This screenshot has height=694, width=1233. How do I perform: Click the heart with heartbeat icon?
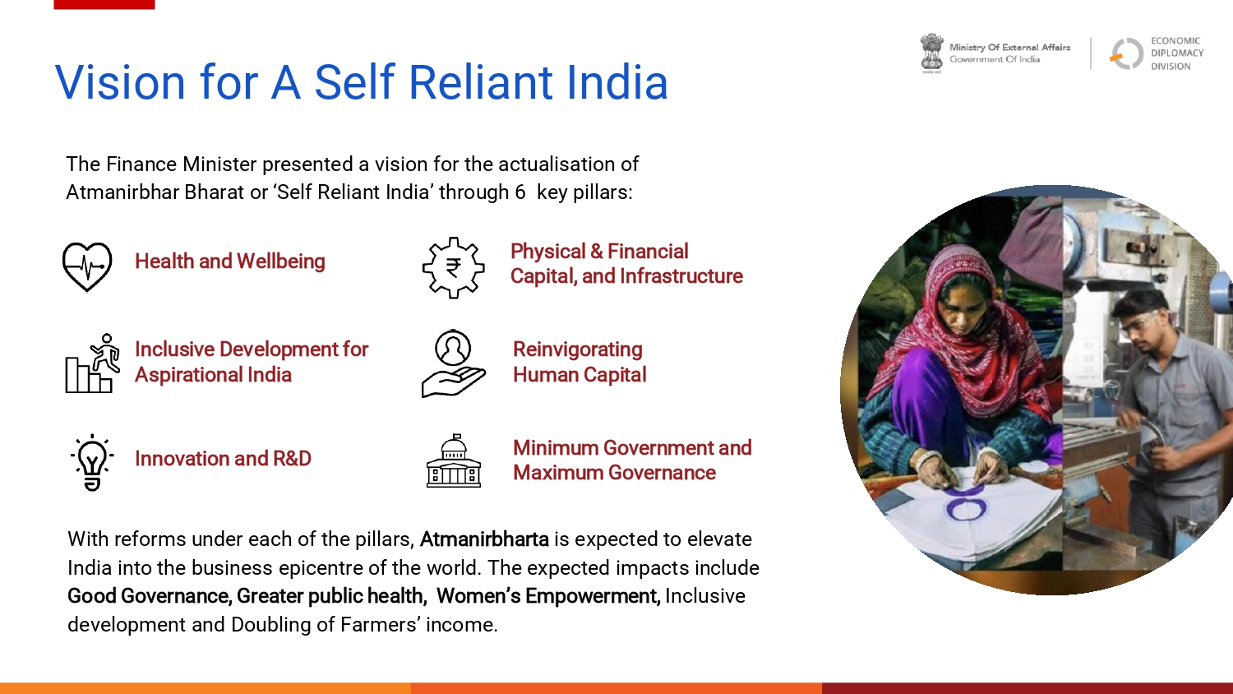pyautogui.click(x=87, y=266)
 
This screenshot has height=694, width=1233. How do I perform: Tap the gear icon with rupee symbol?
pyautogui.click(x=454, y=268)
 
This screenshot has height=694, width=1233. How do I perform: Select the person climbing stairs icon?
pyautogui.click(x=92, y=363)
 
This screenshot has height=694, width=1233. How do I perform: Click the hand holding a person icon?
pyautogui.click(x=453, y=363)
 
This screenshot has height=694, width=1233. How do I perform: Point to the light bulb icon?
pyautogui.click(x=92, y=462)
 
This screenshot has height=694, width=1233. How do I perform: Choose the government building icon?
pyautogui.click(x=454, y=460)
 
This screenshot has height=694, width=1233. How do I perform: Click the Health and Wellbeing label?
pyautogui.click(x=230, y=261)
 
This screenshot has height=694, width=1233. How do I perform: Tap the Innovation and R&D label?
pyautogui.click(x=223, y=458)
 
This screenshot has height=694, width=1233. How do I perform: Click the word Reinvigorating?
pyautogui.click(x=577, y=349)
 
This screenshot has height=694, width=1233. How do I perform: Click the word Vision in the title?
pyautogui.click(x=120, y=82)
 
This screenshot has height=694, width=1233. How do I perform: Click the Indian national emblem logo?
pyautogui.click(x=932, y=53)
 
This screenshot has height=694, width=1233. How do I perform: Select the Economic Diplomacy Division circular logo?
pyautogui.click(x=1126, y=53)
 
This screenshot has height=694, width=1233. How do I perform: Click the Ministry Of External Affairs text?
pyautogui.click(x=1009, y=48)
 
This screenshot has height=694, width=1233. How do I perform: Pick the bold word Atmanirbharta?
pyautogui.click(x=484, y=539)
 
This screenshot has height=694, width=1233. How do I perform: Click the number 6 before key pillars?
pyautogui.click(x=520, y=192)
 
